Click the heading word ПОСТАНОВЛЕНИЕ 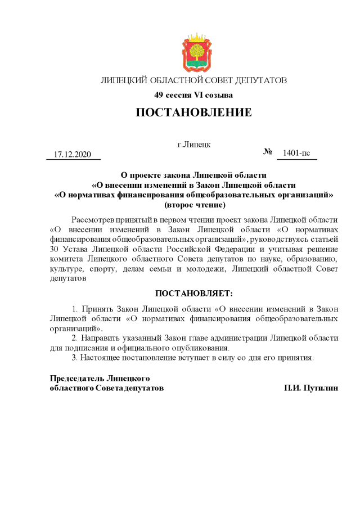[x=193, y=112]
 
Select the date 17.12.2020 [x=73, y=154]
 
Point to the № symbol [x=268, y=152]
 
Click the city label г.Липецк [x=193, y=144]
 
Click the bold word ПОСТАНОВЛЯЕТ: [x=193, y=294]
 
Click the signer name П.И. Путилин [x=312, y=388]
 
